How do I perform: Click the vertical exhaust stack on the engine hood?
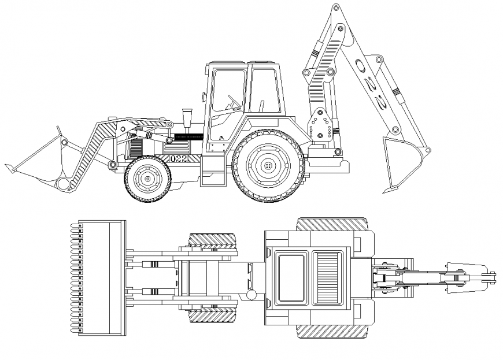pos(187,119)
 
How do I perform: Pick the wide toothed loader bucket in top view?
pos(102,277)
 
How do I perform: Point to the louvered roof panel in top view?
pos(326,278)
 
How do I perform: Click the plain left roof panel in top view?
pos(290,278)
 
